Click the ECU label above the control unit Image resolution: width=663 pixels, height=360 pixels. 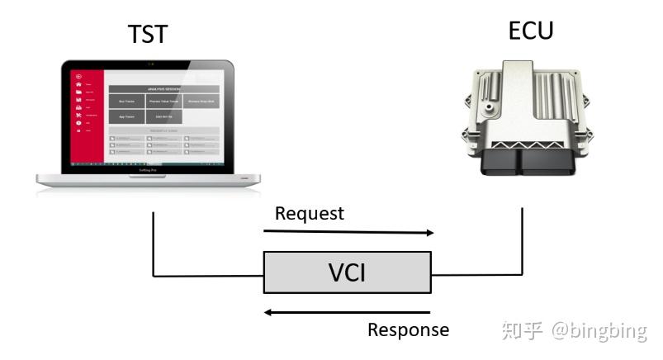point(530,31)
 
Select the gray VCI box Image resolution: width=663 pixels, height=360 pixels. point(347,272)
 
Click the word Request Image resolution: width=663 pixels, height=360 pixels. point(309,213)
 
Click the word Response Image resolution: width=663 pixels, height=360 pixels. point(408,330)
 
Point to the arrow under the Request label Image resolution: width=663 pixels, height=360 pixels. point(348,233)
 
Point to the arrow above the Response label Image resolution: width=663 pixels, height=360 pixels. point(348,312)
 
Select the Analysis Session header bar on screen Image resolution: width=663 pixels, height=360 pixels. point(163,88)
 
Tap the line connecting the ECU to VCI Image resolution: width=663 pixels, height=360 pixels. point(522,248)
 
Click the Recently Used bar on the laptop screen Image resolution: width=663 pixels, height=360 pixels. point(163,130)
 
